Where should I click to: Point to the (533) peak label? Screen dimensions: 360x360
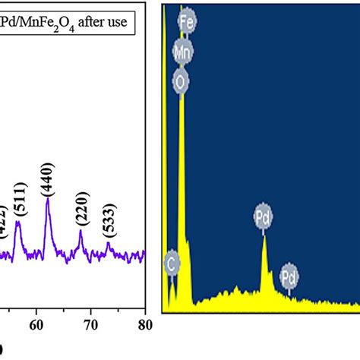(x=109, y=224)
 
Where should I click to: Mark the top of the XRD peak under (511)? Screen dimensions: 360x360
(x=19, y=222)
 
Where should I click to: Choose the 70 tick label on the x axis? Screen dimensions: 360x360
(x=90, y=326)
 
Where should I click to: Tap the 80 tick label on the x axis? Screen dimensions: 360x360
(x=144, y=326)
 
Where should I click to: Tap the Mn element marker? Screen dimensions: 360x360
(x=183, y=52)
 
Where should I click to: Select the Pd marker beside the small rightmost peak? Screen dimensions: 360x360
(x=289, y=274)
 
